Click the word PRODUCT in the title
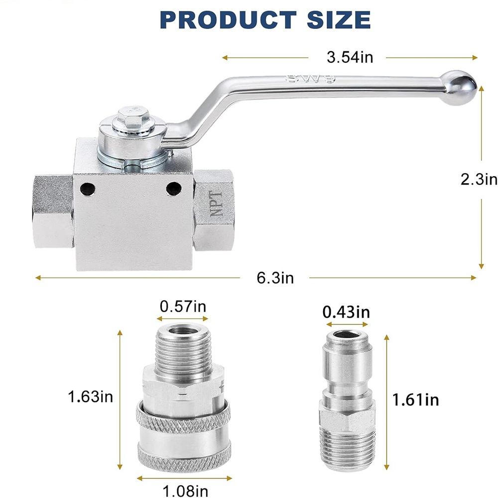pos(228,20)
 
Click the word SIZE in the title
pos(339,20)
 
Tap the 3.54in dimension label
pos(350,57)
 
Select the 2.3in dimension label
pos(479,179)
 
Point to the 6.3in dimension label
pos(275,278)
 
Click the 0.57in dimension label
pos(183,306)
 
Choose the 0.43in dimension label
pos(346,312)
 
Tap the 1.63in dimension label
pos(91,397)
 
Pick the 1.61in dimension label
pos(416,399)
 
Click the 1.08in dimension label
pos(185,491)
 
